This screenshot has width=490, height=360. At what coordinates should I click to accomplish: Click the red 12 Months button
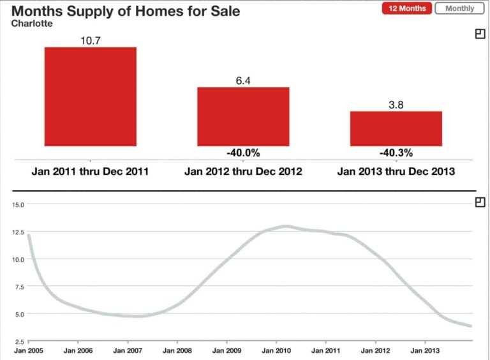pyautogui.click(x=406, y=8)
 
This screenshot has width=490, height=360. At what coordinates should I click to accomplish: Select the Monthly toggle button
pyautogui.click(x=459, y=8)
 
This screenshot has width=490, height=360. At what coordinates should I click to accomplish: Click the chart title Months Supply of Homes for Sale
pyautogui.click(x=126, y=11)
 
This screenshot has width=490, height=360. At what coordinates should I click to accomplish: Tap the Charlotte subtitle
pyautogui.click(x=32, y=24)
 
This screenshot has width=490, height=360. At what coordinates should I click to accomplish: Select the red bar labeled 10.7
pyautogui.click(x=90, y=96)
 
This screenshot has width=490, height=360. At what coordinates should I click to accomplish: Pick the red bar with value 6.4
pyautogui.click(x=243, y=116)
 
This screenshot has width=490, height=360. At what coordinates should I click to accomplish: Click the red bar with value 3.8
pyautogui.click(x=396, y=128)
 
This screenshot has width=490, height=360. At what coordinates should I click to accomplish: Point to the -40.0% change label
pyautogui.click(x=243, y=153)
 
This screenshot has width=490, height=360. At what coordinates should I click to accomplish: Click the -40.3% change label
pyautogui.click(x=396, y=153)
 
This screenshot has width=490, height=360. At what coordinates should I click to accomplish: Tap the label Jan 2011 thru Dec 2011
pyautogui.click(x=90, y=171)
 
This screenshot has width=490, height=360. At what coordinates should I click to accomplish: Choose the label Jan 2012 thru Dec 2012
pyautogui.click(x=243, y=171)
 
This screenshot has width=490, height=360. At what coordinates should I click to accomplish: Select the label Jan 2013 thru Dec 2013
pyautogui.click(x=396, y=171)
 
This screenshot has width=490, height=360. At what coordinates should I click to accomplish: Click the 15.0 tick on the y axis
pyautogui.click(x=17, y=205)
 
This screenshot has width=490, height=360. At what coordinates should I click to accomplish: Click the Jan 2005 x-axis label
pyautogui.click(x=29, y=350)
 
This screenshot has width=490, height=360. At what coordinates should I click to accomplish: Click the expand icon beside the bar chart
pyautogui.click(x=480, y=34)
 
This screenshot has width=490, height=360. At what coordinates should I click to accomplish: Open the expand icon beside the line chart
pyautogui.click(x=480, y=202)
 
